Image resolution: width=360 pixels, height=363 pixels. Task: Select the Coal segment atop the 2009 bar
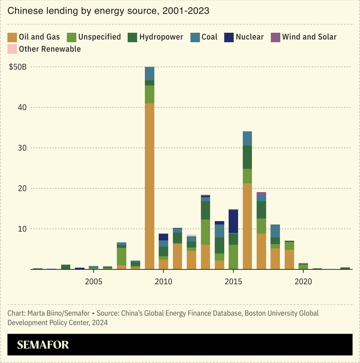click(x=149, y=74)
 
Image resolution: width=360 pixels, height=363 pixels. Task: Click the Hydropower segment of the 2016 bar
click(x=247, y=157)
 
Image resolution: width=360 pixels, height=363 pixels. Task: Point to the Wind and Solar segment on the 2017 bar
click(x=261, y=194)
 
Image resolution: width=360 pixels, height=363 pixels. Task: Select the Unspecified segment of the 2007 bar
click(x=121, y=256)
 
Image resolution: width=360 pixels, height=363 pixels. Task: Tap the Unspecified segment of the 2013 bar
click(x=206, y=232)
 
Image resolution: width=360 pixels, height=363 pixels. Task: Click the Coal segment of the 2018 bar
click(x=275, y=231)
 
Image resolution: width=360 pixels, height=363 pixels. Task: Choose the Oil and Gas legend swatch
click(x=13, y=37)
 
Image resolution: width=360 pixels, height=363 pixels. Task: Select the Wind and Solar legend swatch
click(x=275, y=37)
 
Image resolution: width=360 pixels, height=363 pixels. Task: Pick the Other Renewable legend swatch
click(x=13, y=49)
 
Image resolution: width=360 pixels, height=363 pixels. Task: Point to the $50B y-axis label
click(x=18, y=67)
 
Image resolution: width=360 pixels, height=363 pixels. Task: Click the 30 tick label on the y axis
click(x=22, y=148)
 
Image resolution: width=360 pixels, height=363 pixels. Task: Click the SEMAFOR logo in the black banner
click(x=43, y=345)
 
